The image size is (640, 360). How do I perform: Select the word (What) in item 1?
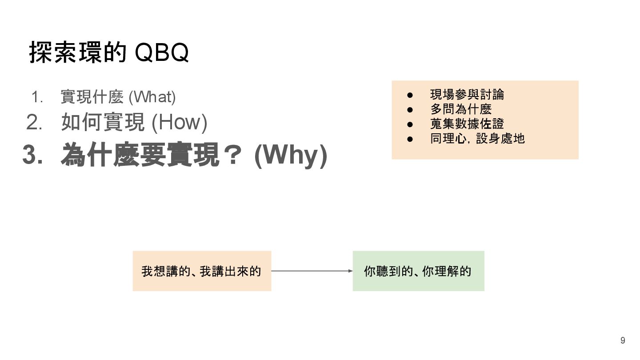pos(152,97)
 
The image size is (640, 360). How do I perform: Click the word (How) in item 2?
pos(179,122)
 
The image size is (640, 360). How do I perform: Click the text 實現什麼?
pos(92,97)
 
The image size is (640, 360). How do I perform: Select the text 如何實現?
pos(103,122)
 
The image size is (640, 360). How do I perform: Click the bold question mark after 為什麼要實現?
pos(232,155)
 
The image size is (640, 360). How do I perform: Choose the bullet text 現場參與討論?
pos(467,94)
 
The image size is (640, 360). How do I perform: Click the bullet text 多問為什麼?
pos(460,109)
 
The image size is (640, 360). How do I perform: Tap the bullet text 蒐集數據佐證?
pos(467,124)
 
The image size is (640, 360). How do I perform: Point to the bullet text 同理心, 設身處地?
pos(477,138)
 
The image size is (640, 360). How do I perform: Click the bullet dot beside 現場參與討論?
pos(410,95)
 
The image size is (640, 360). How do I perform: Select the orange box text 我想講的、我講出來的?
pos(201,271)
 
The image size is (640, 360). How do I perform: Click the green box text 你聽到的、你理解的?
pos(417,271)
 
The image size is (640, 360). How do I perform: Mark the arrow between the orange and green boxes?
pos(312,271)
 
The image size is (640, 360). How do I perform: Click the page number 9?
pos(623,340)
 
